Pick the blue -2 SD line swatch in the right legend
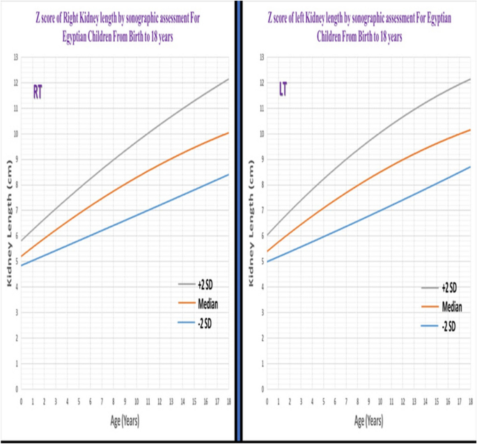[x=428, y=326]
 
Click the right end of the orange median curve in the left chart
[x=228, y=132]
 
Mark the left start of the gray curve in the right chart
[x=267, y=236]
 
